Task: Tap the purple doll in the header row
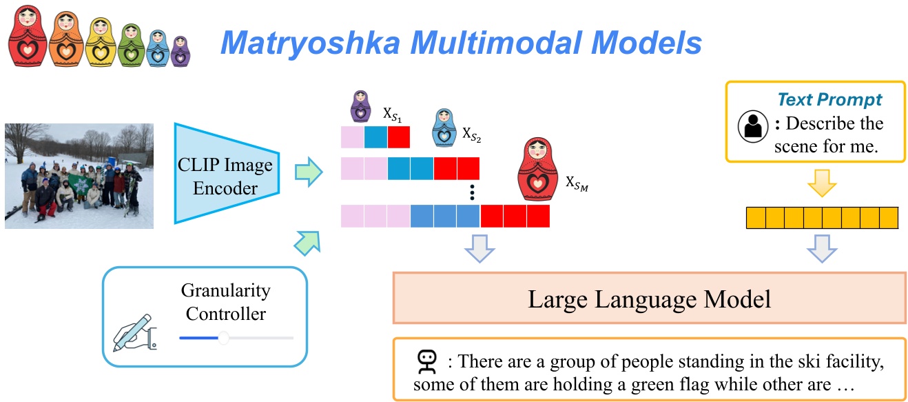click(x=180, y=51)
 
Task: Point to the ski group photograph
click(x=79, y=175)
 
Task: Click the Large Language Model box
click(x=649, y=299)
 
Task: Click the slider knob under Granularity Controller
click(x=223, y=338)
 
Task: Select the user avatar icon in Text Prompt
click(x=752, y=125)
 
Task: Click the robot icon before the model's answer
click(x=427, y=361)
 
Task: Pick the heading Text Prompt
click(x=829, y=100)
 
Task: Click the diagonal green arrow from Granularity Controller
click(x=307, y=239)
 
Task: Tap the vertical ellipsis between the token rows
click(x=471, y=191)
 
